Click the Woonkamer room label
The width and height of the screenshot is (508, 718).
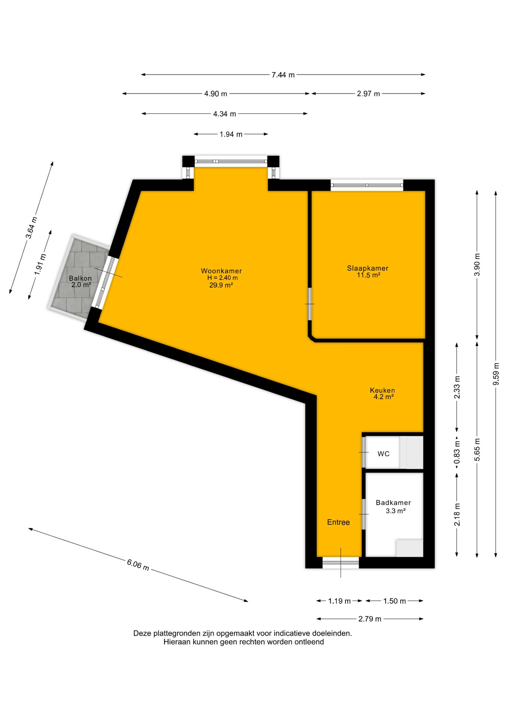tap(221, 271)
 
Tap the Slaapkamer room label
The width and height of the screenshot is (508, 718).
tap(368, 268)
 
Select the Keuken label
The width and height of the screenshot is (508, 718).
tap(382, 390)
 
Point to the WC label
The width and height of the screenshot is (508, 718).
tap(383, 454)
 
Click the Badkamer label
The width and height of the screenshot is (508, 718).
tap(394, 503)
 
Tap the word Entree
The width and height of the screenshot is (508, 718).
tap(339, 522)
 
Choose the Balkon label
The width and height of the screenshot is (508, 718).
tap(80, 278)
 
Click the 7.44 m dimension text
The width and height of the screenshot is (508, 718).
tap(283, 75)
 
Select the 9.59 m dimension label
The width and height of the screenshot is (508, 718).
tap(496, 374)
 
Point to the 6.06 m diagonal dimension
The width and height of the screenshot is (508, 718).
tap(138, 565)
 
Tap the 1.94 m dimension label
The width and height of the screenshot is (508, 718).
tap(231, 134)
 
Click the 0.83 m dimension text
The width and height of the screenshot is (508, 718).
tap(457, 453)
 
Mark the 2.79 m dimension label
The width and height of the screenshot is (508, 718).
tap(370, 619)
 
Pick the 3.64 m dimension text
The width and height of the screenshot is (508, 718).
tap(31, 228)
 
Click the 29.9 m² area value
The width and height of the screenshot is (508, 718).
tap(221, 285)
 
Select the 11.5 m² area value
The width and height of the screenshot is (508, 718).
tap(368, 275)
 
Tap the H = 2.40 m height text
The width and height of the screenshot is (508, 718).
tap(223, 278)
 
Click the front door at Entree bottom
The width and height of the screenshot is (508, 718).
tap(340, 562)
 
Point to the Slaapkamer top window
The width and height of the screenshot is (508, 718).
tap(367, 185)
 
